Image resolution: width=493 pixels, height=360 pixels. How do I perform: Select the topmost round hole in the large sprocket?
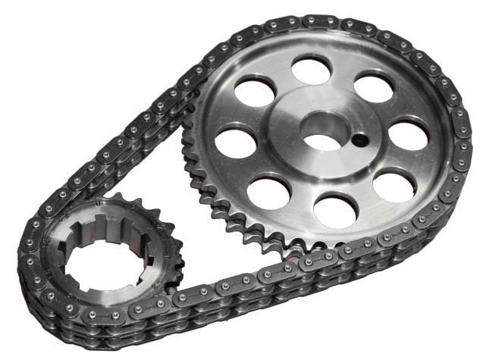pos(311,70)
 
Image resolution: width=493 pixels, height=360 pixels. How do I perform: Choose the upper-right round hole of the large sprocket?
pos(373,88)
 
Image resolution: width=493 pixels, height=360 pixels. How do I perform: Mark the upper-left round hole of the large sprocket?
pos(255,92)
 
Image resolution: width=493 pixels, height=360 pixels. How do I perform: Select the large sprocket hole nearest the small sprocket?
pos(268,192)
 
